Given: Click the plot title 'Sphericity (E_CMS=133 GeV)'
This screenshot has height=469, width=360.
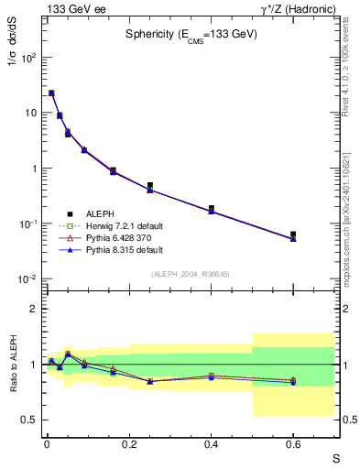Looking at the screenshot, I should [x=191, y=34].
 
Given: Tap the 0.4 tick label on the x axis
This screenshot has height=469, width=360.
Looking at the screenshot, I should [x=211, y=444].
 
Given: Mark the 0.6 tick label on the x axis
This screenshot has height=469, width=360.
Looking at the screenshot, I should [x=293, y=444].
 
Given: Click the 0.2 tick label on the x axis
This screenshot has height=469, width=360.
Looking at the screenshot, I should [x=129, y=444].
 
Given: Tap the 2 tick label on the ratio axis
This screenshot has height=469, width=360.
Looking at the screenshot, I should [x=33, y=309].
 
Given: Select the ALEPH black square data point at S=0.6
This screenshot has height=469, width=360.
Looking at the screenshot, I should [x=293, y=234].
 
